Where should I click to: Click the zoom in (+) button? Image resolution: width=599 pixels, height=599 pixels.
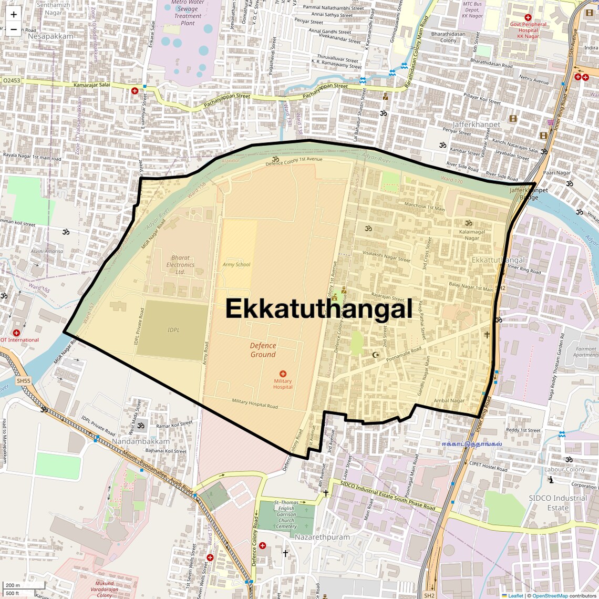pyautogui.click(x=14, y=15)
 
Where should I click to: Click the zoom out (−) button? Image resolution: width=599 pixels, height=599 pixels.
pyautogui.click(x=14, y=29)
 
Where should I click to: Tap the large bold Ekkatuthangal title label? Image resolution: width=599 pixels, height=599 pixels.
pyautogui.click(x=319, y=309)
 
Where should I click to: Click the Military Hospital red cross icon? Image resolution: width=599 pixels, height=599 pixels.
pyautogui.click(x=283, y=374)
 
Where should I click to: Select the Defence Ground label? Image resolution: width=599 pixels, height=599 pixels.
pyautogui.click(x=263, y=350)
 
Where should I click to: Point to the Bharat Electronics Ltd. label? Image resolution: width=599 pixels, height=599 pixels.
pyautogui.click(x=180, y=265)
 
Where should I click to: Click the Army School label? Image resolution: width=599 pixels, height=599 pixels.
pyautogui.click(x=236, y=264)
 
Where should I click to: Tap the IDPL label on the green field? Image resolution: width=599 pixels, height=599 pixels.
pyautogui.click(x=173, y=330)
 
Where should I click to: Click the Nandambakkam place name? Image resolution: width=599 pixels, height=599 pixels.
pyautogui.click(x=140, y=441)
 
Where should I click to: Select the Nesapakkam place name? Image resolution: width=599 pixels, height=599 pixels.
pyautogui.click(x=51, y=36)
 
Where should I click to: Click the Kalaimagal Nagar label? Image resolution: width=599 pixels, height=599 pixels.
pyautogui.click(x=472, y=235)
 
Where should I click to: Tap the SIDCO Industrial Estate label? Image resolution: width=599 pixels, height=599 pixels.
pyautogui.click(x=558, y=503)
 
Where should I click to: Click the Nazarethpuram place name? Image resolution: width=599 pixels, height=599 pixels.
pyautogui.click(x=322, y=537)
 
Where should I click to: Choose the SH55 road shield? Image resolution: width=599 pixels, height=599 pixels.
pyautogui.click(x=23, y=380)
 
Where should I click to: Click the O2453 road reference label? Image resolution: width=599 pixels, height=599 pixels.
pyautogui.click(x=12, y=81)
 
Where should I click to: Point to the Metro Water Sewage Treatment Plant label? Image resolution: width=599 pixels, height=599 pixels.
pyautogui.click(x=188, y=13)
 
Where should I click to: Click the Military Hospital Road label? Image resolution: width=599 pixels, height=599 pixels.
pyautogui.click(x=255, y=404)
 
